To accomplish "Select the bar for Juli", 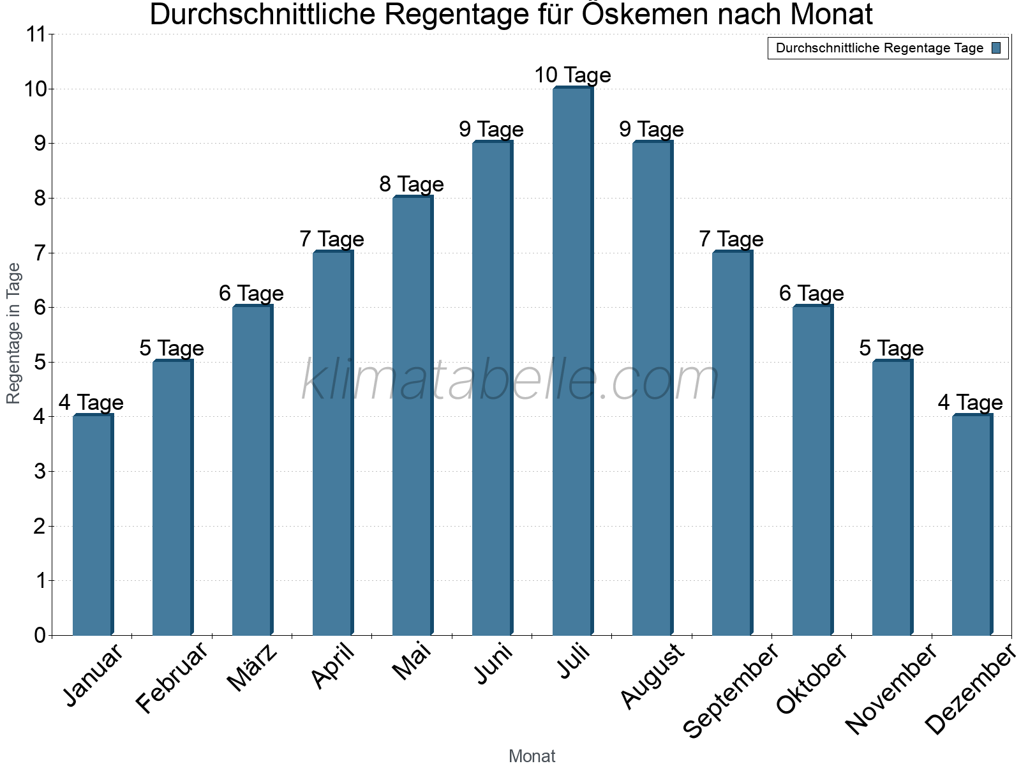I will click(572, 361).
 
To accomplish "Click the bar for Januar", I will click(93, 525).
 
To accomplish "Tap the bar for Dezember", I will click(972, 525).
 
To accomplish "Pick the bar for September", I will click(732, 443).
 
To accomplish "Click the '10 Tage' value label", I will click(572, 75).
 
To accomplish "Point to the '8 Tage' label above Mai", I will click(412, 184).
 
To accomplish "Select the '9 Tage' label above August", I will click(652, 130).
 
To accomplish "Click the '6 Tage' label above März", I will click(251, 294).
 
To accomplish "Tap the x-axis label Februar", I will click(172, 678).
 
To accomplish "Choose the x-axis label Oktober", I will click(812, 678).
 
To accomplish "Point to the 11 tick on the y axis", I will click(37, 34).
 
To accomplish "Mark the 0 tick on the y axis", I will click(40, 635).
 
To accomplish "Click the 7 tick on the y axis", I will click(40, 253).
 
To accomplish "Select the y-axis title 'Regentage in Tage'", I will click(13, 333).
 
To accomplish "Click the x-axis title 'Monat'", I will click(532, 756).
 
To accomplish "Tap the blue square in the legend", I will click(997, 48).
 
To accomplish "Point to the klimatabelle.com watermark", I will click(511, 380).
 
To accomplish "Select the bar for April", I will click(332, 443).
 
